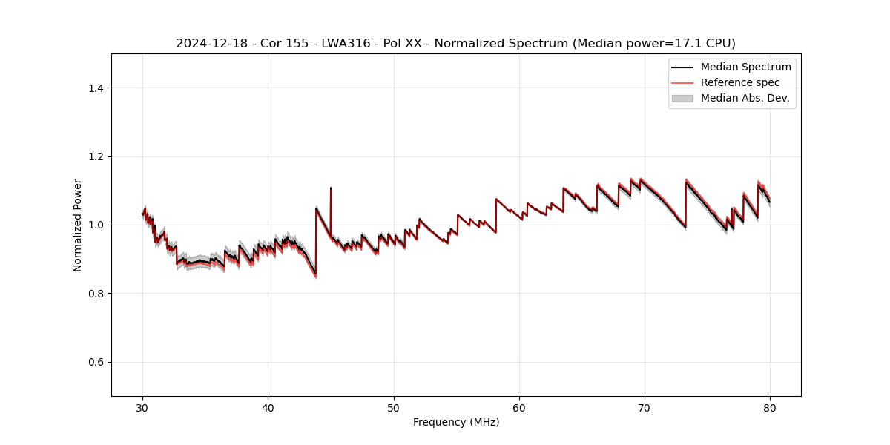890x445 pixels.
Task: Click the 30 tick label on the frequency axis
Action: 143,408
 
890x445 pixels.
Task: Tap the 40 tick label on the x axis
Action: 268,408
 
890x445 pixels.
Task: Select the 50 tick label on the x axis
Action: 394,408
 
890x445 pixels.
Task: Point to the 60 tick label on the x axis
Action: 519,408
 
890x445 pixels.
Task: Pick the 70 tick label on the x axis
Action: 645,408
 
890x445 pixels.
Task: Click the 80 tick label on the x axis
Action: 770,408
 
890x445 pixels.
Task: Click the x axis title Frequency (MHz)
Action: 456,422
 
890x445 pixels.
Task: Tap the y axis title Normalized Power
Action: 78,225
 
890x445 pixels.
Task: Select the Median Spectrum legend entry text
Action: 745,67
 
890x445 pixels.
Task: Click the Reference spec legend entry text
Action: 740,82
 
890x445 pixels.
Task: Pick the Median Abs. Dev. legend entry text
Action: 745,98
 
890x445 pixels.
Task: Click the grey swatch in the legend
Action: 682,98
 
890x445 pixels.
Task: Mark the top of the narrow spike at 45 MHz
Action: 331,188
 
